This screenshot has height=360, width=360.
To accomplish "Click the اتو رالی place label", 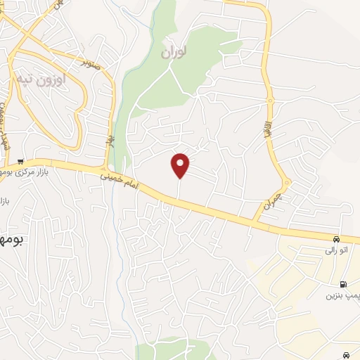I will [x=334, y=249].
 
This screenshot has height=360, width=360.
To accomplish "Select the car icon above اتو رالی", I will [x=336, y=239].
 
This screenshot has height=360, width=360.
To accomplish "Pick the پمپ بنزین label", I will [x=342, y=295].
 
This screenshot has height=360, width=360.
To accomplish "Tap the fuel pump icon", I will [x=342, y=285].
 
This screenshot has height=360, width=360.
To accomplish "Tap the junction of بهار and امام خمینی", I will [x=105, y=169].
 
